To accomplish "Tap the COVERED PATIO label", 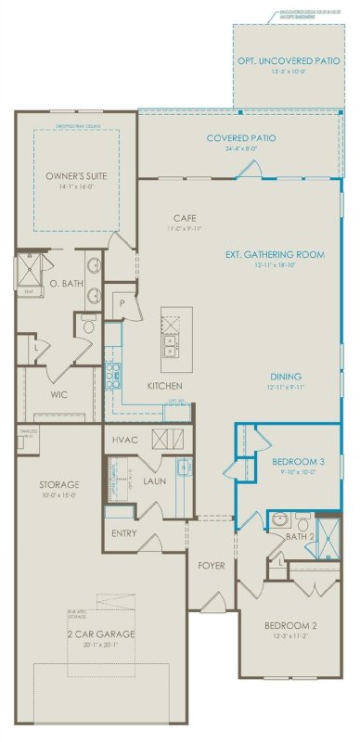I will [240, 138].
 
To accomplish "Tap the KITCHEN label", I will [164, 386].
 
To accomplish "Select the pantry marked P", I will [121, 303].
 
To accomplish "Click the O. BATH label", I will [62, 283].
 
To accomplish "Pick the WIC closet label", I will [58, 394].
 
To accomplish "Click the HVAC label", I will [125, 438].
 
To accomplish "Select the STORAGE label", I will [58, 484].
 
